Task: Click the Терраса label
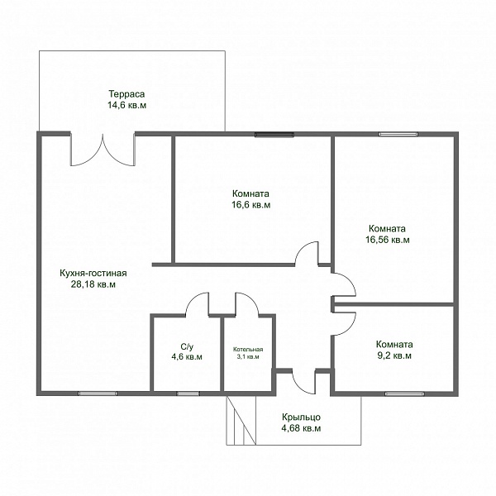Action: (x=126, y=94)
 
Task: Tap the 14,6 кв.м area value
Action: (x=126, y=105)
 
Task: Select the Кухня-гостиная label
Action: (x=93, y=273)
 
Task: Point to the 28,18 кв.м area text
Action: (x=93, y=284)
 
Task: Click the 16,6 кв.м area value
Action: (x=250, y=205)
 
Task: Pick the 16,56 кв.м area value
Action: (x=388, y=240)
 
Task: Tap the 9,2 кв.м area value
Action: (x=394, y=355)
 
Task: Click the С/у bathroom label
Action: (x=187, y=346)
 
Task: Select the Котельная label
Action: (x=248, y=350)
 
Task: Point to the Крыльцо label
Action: (x=301, y=417)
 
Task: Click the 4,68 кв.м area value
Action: (x=301, y=428)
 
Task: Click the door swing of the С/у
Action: (x=197, y=304)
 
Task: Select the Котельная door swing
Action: (x=247, y=304)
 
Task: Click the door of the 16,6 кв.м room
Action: (x=307, y=253)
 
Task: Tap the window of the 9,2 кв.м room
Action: (x=404, y=393)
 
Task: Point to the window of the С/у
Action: (x=188, y=393)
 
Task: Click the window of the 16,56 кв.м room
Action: (x=398, y=135)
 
